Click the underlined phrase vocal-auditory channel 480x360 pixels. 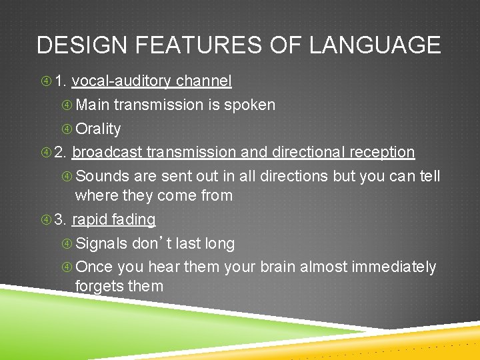[151, 81]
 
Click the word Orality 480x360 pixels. [98, 129]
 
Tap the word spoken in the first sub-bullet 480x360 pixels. [249, 105]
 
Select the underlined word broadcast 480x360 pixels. [107, 152]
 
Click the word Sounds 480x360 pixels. [103, 176]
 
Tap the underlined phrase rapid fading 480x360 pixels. [113, 219]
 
